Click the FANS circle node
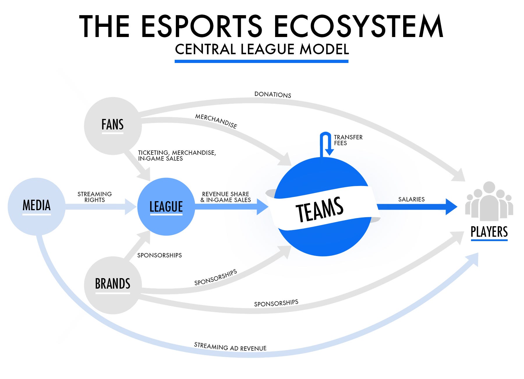coord(113,126)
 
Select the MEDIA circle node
coord(36,206)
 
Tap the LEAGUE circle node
coord(166,206)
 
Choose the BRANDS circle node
coord(113,285)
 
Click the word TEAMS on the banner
coord(320,209)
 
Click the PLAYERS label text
coord(489,232)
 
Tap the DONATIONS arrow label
coord(273,94)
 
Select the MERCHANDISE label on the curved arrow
coord(216,121)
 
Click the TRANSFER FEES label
coord(348,140)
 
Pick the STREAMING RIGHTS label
coord(95,197)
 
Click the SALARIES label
coord(411,199)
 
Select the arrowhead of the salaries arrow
coord(451,207)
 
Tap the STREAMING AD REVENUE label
coord(230,347)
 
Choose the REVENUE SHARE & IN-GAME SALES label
coord(226,197)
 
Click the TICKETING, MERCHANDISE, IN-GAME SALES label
coord(177,155)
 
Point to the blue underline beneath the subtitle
coord(261,61)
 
